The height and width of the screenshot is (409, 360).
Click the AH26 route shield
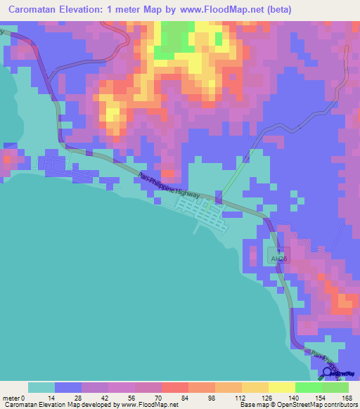pos(278,259)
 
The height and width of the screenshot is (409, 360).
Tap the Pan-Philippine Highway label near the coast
pos(171,186)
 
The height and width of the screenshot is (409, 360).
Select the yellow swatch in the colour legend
pos(281,387)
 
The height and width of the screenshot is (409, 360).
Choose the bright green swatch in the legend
pos(308,387)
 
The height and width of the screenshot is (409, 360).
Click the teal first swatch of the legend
pos(41,387)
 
